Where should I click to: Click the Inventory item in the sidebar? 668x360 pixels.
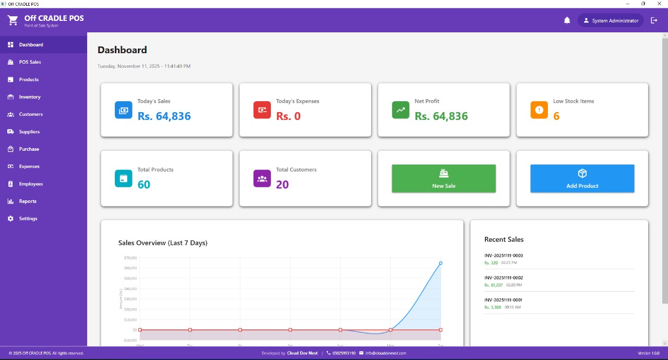(30, 97)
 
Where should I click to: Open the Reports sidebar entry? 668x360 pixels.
(28, 201)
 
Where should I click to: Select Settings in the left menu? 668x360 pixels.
(28, 219)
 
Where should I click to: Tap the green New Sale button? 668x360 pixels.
(444, 178)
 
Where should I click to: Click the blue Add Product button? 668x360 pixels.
(582, 178)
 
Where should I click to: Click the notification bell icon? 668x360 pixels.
(567, 20)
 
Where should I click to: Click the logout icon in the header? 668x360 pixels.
(654, 20)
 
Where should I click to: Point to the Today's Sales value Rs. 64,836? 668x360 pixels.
(164, 116)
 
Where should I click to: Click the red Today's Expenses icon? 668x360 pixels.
(262, 110)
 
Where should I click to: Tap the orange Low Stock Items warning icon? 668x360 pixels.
(539, 110)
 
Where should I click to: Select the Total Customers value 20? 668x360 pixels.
(282, 184)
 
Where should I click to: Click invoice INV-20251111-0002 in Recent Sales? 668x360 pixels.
(504, 278)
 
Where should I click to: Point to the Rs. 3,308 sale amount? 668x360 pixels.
(493, 307)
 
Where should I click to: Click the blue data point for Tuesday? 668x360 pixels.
(440, 263)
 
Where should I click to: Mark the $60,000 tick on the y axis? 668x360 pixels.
(130, 268)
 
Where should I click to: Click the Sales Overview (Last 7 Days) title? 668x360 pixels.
(163, 243)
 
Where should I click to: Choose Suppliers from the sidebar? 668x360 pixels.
(29, 132)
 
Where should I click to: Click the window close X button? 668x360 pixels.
(659, 4)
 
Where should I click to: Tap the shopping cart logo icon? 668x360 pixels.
(13, 20)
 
